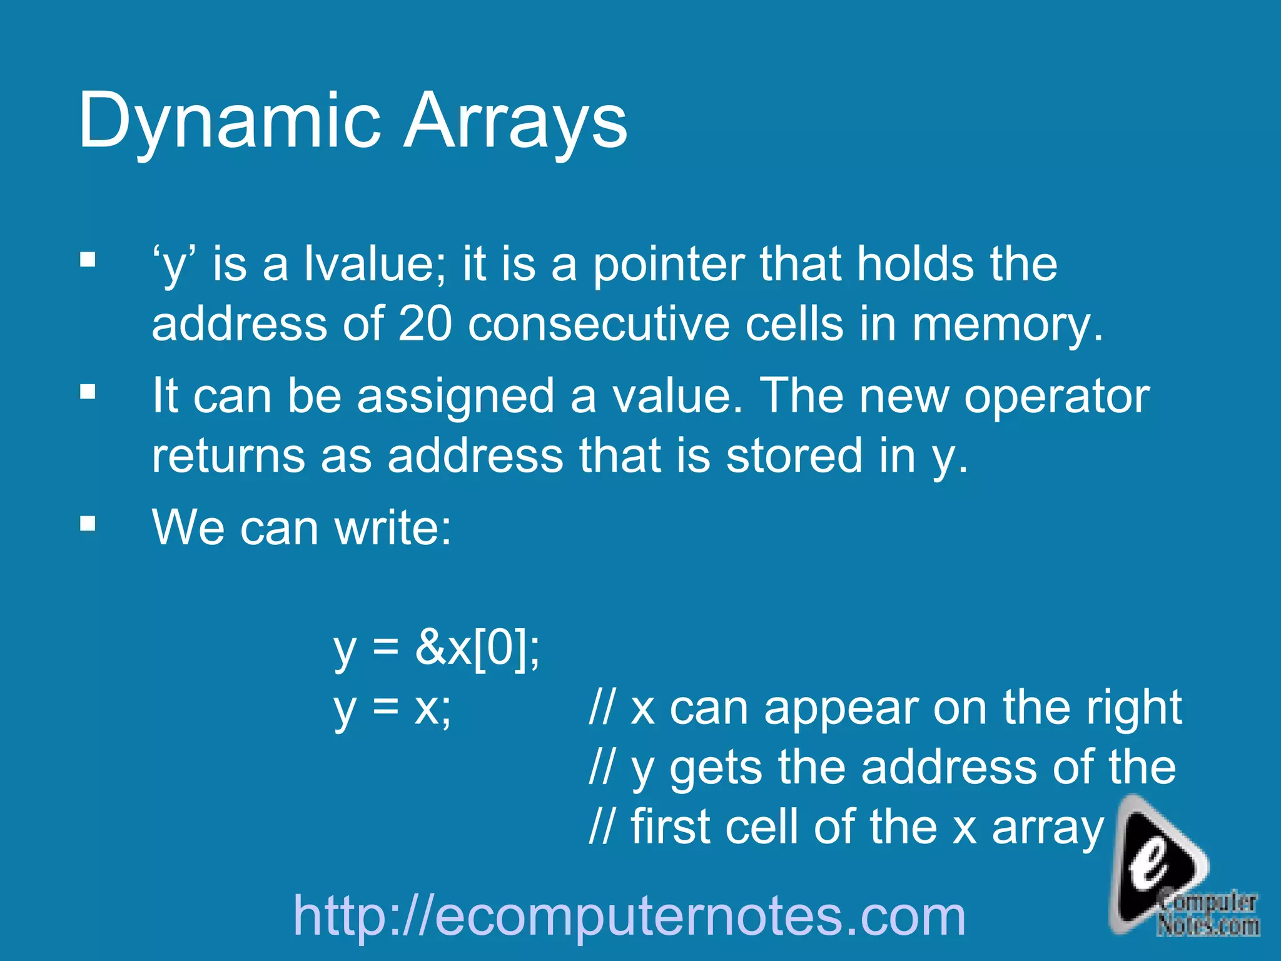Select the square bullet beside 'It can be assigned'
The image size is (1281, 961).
point(88,392)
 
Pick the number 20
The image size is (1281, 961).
point(425,324)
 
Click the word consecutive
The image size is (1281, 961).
point(599,324)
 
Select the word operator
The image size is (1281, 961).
point(1056,397)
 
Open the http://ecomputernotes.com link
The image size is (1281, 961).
point(629,916)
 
